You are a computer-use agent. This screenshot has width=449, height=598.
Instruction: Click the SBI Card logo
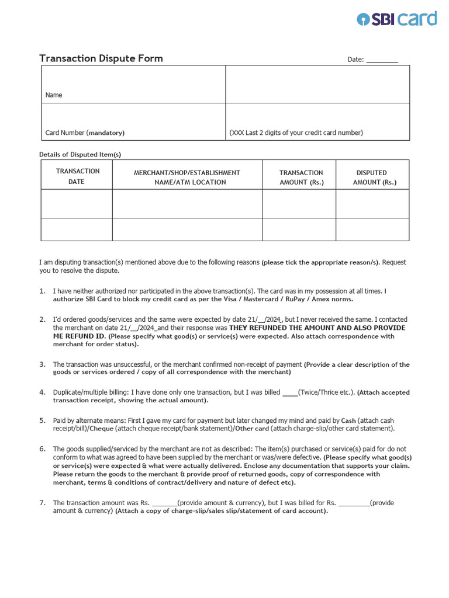[397, 19]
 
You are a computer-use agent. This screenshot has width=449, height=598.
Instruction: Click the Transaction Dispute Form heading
[101, 58]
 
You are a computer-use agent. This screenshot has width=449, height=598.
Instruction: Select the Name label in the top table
[54, 95]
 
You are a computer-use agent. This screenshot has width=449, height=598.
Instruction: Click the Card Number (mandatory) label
[85, 133]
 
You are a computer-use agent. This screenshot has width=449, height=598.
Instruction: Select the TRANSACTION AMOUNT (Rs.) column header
[301, 178]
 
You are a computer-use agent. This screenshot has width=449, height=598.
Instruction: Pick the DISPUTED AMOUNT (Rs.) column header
[372, 178]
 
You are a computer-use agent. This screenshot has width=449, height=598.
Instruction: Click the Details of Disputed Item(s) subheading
[80, 154]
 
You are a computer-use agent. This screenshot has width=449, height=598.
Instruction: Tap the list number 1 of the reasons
[42, 291]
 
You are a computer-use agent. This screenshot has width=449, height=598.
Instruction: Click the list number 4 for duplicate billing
[42, 392]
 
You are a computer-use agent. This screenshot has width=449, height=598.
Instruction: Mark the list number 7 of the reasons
[42, 503]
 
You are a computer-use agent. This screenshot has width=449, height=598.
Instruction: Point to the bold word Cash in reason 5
[348, 420]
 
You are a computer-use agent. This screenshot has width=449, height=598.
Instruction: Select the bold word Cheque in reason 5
[102, 429]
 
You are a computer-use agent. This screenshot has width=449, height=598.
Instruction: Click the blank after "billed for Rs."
[354, 503]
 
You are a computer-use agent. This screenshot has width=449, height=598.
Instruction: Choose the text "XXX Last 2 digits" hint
[257, 133]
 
